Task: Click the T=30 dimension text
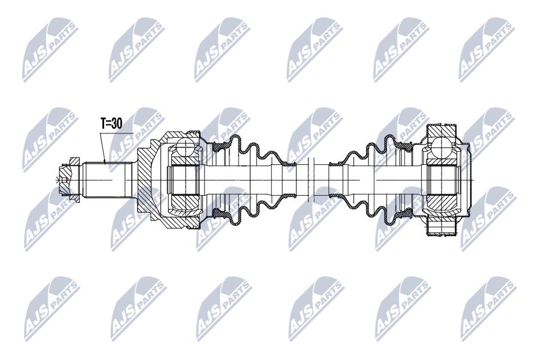pos(111,123)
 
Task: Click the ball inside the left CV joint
pos(184,147)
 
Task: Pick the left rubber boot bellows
pos(251,179)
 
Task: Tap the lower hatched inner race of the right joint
pos(442,201)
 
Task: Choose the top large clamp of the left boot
pos(220,147)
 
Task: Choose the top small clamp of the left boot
pos(289,163)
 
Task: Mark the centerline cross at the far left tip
pos(56,179)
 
